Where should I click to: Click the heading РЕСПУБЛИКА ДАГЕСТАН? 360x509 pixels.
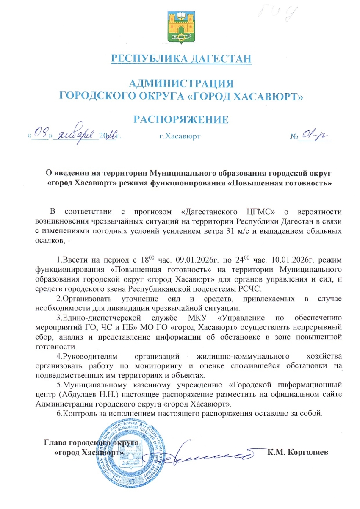[x=181, y=58]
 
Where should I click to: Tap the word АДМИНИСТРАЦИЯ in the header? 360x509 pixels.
[x=181, y=82]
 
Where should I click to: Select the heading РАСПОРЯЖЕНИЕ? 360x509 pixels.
[x=181, y=119]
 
